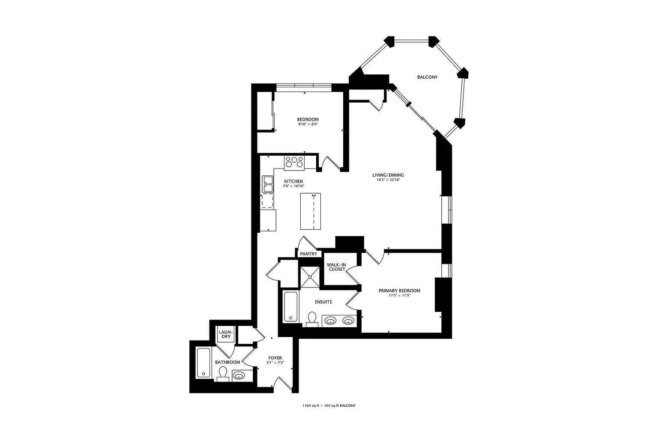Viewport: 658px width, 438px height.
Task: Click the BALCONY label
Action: pyautogui.click(x=427, y=77)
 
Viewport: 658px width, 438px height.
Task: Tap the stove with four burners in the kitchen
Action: pyautogui.click(x=294, y=162)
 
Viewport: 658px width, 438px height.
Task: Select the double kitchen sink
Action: pyautogui.click(x=268, y=184)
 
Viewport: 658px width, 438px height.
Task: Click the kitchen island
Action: pyautogui.click(x=310, y=211)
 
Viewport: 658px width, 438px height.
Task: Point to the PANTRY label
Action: pyautogui.click(x=308, y=254)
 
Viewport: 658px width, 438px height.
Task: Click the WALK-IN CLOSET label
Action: pyautogui.click(x=336, y=267)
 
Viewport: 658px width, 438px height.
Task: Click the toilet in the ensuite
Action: pyautogui.click(x=312, y=319)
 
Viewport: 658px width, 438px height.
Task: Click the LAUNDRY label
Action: pyautogui.click(x=226, y=334)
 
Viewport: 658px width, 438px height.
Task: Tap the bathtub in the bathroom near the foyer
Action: pyautogui.click(x=203, y=363)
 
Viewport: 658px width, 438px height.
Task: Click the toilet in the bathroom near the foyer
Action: pyautogui.click(x=222, y=375)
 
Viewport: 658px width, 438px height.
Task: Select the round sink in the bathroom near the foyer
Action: pyautogui.click(x=239, y=376)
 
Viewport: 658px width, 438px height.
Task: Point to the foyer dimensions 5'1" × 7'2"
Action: pyautogui.click(x=275, y=363)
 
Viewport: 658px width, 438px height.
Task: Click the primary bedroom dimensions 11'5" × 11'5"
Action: pyautogui.click(x=399, y=296)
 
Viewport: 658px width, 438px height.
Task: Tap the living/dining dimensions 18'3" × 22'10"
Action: pyautogui.click(x=388, y=180)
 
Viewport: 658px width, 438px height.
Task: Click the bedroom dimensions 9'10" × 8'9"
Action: pyautogui.click(x=308, y=124)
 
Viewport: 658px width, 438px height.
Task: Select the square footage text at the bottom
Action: pyautogui.click(x=329, y=405)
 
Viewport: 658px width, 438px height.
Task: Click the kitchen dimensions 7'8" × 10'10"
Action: pyautogui.click(x=293, y=186)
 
